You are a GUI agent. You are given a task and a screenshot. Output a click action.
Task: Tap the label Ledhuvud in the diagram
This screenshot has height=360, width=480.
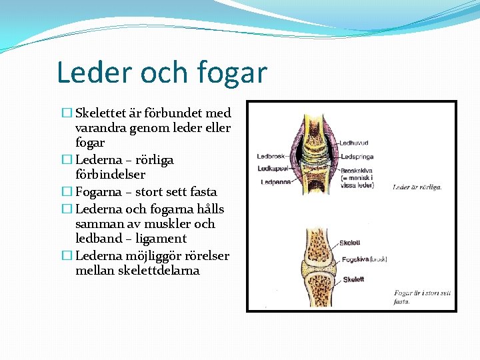[x=353, y=143]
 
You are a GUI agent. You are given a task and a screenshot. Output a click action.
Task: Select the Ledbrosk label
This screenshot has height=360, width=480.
[x=271, y=156]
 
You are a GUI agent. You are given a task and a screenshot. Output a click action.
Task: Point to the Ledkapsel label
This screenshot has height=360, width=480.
[x=271, y=168]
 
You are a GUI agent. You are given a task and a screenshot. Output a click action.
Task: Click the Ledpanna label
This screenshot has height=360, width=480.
[x=274, y=181]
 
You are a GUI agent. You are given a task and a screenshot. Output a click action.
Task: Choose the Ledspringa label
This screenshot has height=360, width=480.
[x=357, y=157]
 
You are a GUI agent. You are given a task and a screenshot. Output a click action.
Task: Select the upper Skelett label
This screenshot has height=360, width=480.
[x=350, y=243]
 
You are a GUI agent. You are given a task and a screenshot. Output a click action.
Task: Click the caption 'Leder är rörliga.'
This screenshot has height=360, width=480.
[x=417, y=187]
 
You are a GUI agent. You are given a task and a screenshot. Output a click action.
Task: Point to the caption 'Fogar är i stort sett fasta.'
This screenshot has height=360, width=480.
[x=422, y=297]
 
